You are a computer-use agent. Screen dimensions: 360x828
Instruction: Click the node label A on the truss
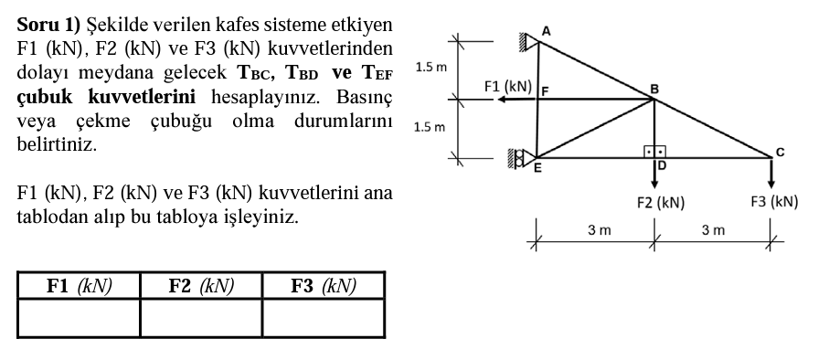pyautogui.click(x=546, y=30)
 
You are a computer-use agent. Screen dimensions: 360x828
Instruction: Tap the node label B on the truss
pyautogui.click(x=653, y=88)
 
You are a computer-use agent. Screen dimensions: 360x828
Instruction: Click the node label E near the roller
pyautogui.click(x=536, y=167)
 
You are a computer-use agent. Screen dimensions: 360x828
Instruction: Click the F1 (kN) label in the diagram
pyautogui.click(x=508, y=86)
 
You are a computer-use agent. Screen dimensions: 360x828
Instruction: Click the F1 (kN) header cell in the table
pyautogui.click(x=79, y=286)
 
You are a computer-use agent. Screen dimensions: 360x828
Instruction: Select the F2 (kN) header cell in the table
pyautogui.click(x=201, y=286)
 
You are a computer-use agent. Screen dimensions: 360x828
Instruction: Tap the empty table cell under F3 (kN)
pyautogui.click(x=324, y=318)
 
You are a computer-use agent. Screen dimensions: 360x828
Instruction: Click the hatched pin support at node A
pyautogui.click(x=527, y=40)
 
